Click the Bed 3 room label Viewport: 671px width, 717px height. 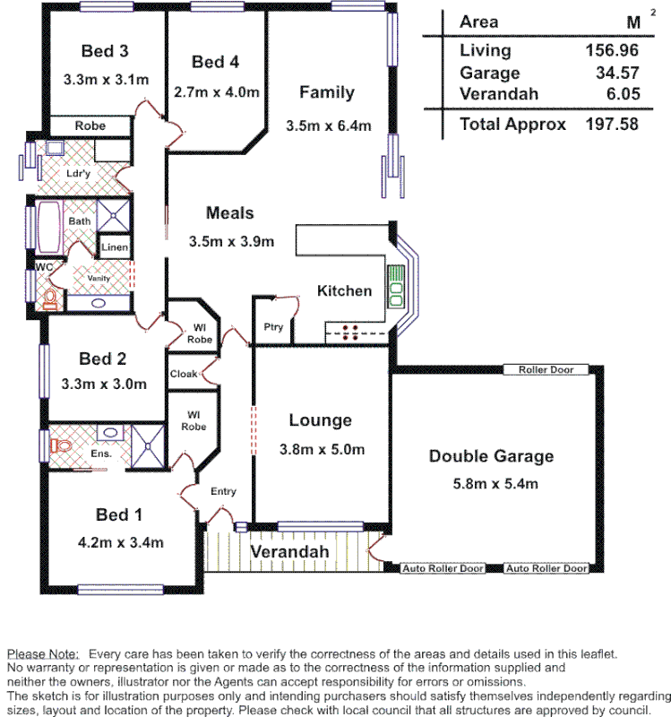coord(105,51)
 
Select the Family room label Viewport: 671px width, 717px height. coord(327,92)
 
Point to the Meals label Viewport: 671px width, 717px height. coord(230,212)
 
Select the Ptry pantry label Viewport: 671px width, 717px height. coord(273,327)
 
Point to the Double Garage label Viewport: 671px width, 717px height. coord(491,456)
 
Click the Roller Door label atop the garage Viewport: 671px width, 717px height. coord(545,369)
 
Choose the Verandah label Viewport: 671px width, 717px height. coord(288,551)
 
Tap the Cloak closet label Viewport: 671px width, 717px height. coord(185,373)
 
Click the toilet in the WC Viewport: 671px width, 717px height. coord(50,298)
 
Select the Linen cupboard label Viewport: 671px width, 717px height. coord(115,247)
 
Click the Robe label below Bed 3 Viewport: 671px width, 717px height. coord(90,125)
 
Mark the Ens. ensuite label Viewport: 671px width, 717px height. coord(100,454)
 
